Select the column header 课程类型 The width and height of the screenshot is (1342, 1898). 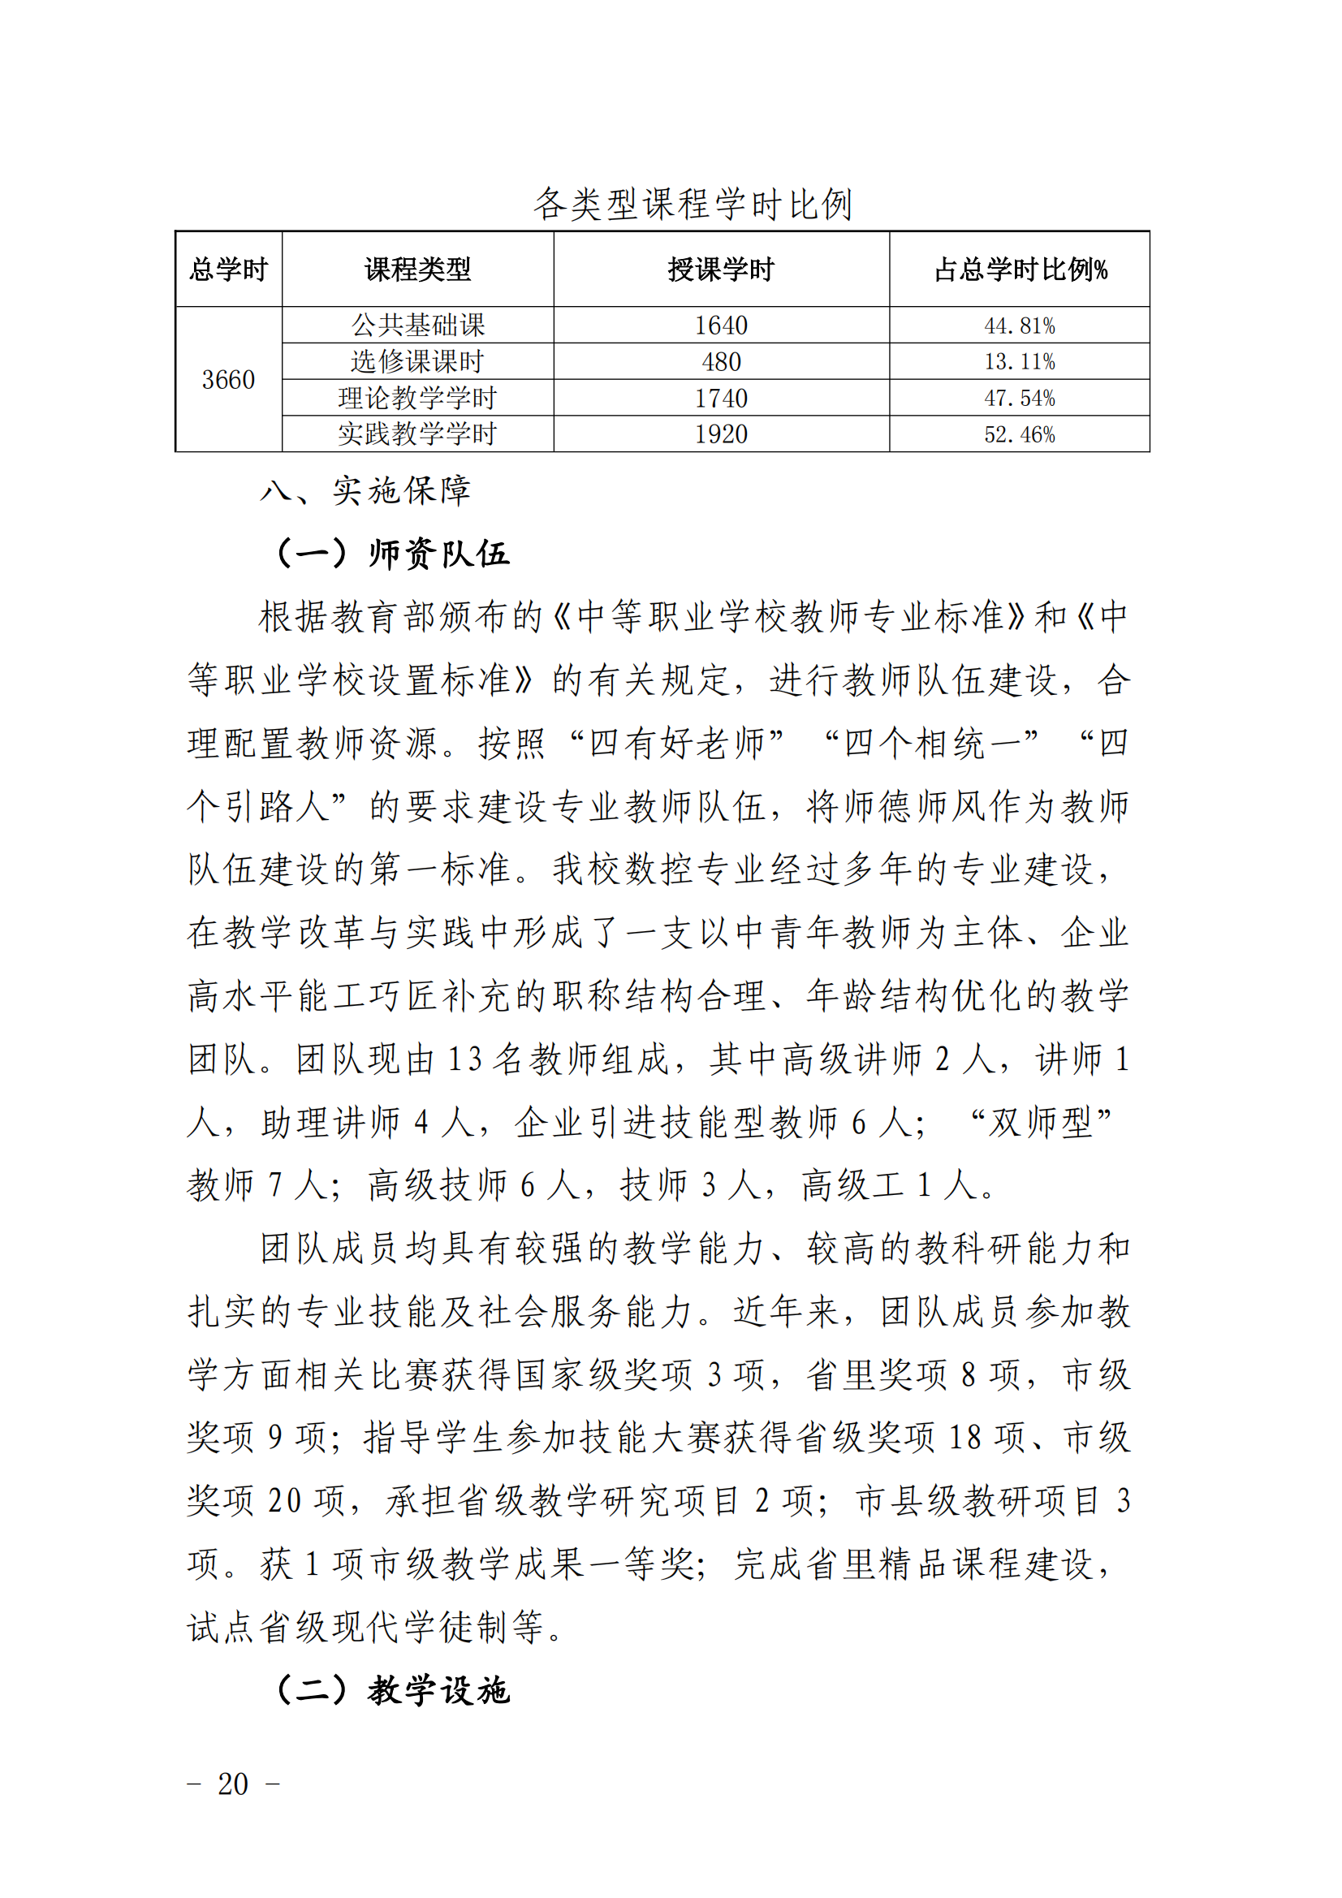pos(417,270)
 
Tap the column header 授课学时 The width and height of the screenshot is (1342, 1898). pos(721,270)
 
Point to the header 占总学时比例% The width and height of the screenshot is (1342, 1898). pos(1020,270)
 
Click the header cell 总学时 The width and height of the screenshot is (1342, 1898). pos(229,270)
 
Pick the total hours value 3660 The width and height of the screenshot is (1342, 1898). pos(229,379)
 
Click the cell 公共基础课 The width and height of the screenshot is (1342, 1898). pos(417,325)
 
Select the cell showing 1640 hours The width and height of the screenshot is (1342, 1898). pos(721,325)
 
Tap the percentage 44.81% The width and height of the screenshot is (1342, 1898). pos(1020,326)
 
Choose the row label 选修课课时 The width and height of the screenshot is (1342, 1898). pos(417,361)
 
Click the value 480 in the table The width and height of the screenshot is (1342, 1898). pos(721,361)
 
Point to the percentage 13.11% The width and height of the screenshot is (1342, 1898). pos(1020,361)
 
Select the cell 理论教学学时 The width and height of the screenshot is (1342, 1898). pos(417,398)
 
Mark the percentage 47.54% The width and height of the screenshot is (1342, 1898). pos(1020,398)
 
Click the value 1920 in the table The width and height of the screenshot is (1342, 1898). pos(721,434)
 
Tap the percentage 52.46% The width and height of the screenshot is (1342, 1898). pos(1020,434)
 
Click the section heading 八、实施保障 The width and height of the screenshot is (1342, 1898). pos(365,490)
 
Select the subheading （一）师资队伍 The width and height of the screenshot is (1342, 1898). pos(392,553)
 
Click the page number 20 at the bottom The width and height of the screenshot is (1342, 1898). pos(233,1784)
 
